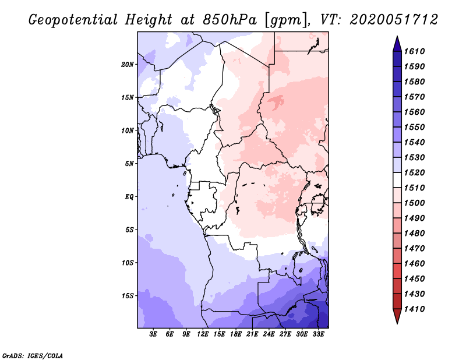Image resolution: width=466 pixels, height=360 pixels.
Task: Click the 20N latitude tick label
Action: [x=128, y=64]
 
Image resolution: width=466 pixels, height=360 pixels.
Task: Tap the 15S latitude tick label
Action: [x=128, y=296]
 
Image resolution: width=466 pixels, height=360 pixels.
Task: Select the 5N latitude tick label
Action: [x=129, y=164]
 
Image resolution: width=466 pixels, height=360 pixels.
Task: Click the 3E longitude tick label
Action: [x=154, y=334]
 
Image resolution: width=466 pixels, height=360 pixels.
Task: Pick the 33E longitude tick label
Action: [x=318, y=334]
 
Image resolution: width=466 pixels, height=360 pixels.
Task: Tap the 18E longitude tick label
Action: [x=236, y=334]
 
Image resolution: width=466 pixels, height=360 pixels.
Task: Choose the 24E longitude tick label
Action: [x=269, y=334]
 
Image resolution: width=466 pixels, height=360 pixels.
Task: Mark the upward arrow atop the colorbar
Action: [x=396, y=43]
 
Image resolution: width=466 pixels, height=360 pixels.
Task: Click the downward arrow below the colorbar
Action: [x=396, y=317]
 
